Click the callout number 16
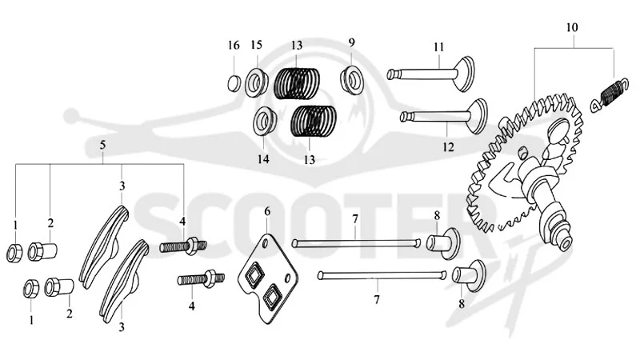[x=234, y=46]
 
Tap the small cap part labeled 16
[x=234, y=83]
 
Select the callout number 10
[x=572, y=27]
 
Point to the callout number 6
[x=267, y=211]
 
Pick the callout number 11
[x=438, y=47]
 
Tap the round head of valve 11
[x=465, y=74]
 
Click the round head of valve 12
[x=477, y=116]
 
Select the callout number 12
[x=448, y=147]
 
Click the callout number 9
[x=352, y=42]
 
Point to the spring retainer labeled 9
[x=352, y=79]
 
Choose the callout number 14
[x=263, y=158]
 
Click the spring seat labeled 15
[x=257, y=83]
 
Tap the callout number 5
[x=103, y=145]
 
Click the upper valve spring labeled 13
[x=297, y=83]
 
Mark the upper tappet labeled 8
[x=443, y=244]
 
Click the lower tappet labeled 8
[x=469, y=275]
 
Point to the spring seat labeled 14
[x=265, y=122]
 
